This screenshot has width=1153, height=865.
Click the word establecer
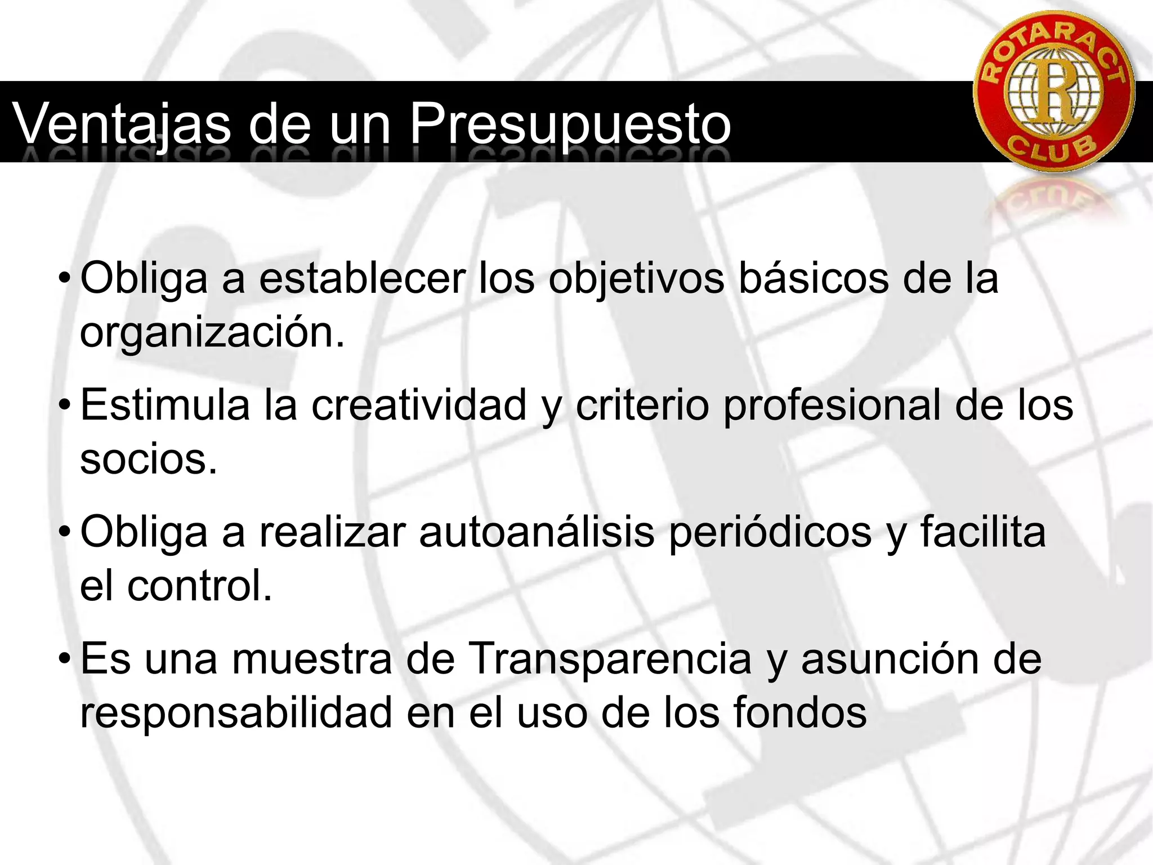[x=362, y=278]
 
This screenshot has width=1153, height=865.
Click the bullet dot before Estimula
[x=65, y=405]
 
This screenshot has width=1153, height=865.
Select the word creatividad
[x=419, y=405]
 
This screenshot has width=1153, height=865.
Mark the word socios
[x=148, y=459]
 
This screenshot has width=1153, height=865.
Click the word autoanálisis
[x=537, y=532]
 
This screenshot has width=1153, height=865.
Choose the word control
[x=199, y=586]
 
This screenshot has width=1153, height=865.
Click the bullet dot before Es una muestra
[x=65, y=658]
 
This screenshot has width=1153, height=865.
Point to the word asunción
[x=890, y=658]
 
